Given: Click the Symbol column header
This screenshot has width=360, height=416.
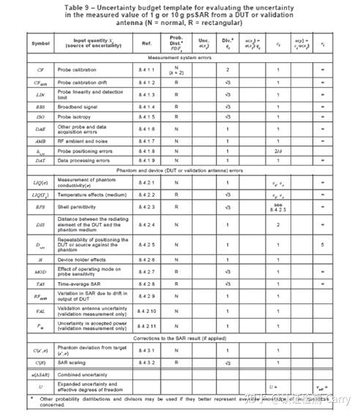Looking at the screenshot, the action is pos(39,43).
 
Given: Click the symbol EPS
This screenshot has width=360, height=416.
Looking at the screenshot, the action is pos(39,207).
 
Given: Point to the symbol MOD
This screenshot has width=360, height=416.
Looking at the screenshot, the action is pos(39,272).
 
